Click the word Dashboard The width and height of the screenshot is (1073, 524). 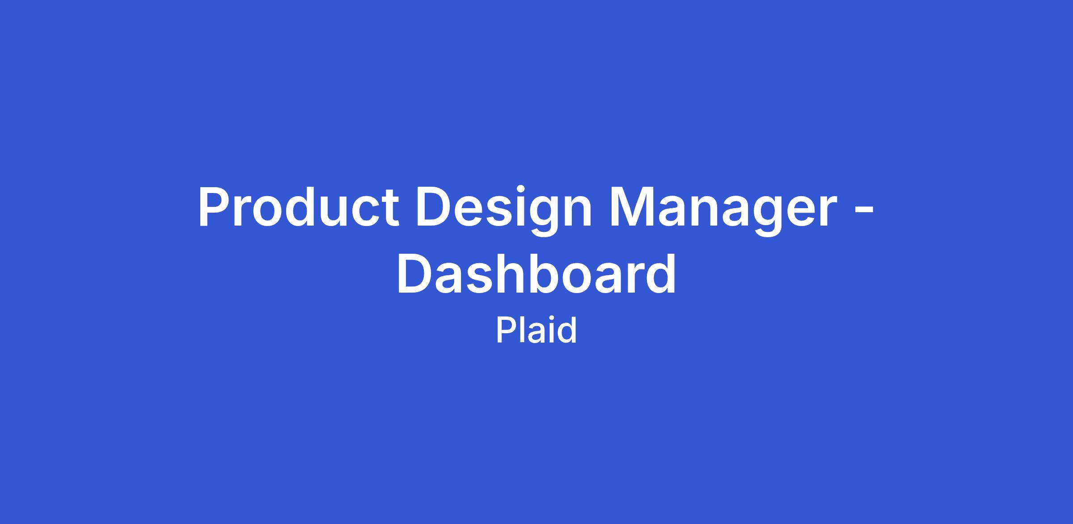(536, 273)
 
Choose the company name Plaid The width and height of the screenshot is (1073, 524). (536, 330)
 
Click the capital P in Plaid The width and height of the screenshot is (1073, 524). (506, 331)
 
